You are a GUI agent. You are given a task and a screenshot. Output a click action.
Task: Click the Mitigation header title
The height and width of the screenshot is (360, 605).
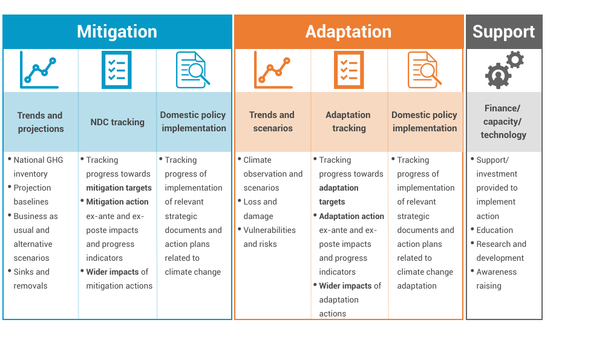point(117,31)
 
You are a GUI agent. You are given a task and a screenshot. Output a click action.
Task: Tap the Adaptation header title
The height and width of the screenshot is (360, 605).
point(348,31)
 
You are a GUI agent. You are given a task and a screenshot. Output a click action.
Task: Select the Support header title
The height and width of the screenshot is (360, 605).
point(503,31)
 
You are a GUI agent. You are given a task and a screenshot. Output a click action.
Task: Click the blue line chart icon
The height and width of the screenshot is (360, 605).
point(39,70)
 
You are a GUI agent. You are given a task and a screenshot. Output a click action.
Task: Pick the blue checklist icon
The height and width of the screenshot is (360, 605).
point(117,70)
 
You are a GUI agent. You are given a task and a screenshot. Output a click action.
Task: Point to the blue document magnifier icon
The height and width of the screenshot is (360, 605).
point(193,70)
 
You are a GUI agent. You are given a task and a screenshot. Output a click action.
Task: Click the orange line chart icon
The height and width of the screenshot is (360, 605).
point(273,70)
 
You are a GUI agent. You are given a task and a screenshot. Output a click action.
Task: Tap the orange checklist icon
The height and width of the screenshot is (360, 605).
point(349,70)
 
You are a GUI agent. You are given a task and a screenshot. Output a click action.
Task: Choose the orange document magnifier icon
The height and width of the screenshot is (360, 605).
point(425,70)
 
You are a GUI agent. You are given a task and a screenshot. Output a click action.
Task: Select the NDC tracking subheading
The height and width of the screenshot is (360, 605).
point(117,122)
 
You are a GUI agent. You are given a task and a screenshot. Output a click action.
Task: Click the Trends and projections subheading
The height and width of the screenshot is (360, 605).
point(40,122)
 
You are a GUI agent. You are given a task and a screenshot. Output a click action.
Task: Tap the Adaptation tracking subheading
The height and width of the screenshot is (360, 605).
point(348,122)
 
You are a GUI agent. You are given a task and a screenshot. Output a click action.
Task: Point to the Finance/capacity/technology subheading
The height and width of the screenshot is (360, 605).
point(503,122)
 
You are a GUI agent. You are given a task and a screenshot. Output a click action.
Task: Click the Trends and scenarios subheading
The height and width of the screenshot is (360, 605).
point(272,122)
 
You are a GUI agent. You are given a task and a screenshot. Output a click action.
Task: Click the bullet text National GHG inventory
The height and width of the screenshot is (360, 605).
point(38,166)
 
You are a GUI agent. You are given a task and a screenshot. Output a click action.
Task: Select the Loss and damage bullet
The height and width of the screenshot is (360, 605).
point(260,209)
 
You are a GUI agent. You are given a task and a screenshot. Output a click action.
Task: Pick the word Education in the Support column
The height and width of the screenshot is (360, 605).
point(495,230)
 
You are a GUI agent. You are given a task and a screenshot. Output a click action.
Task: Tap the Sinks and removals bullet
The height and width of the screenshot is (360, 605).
point(31,278)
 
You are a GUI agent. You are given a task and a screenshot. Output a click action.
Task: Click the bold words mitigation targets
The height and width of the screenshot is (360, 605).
point(119,188)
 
